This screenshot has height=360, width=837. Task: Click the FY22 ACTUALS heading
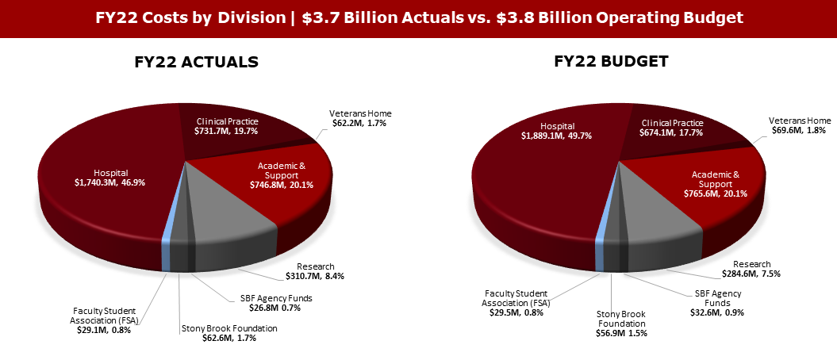coord(196,62)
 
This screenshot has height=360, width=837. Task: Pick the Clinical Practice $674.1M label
coord(672,128)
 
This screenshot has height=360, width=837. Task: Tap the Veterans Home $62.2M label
coord(360,119)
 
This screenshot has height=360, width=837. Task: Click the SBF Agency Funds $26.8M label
coord(277,303)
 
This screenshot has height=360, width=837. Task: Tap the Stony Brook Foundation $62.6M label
coord(229,333)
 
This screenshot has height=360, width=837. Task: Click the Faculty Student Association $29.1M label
coord(105,320)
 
